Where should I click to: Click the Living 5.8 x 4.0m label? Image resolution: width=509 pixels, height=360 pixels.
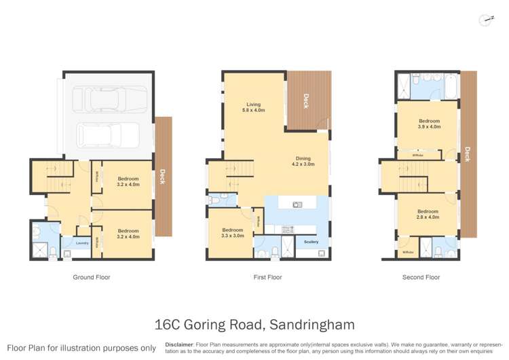pos(253,107)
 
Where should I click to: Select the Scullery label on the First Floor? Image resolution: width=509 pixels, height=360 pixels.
pos(312,242)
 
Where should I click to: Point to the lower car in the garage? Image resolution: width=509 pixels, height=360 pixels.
pos(105,134)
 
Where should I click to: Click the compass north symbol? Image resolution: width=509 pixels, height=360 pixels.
pos(485,20)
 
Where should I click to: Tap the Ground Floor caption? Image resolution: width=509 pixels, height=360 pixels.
pos(91,277)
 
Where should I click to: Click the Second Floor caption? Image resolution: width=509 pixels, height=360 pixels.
pos(421,277)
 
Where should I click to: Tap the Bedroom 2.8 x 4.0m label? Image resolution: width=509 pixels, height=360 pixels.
pos(429,214)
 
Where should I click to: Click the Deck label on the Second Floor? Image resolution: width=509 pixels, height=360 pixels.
pos(468,155)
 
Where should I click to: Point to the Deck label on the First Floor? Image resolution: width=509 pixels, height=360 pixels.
pos(306,101)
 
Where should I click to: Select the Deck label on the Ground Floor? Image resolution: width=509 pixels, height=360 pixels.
pos(162,176)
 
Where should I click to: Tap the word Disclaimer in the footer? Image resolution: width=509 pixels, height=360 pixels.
pos(178,345)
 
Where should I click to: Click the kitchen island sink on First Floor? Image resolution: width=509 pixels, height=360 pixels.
pos(297,204)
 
